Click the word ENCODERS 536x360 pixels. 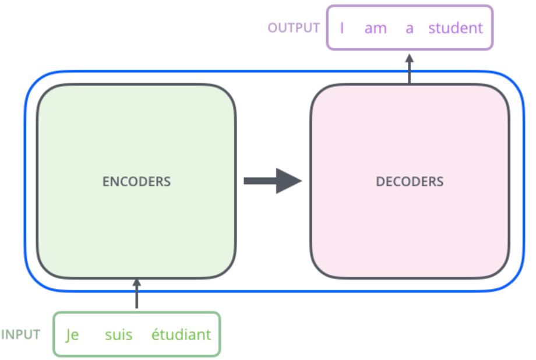pos(136,181)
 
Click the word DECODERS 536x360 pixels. pos(410,181)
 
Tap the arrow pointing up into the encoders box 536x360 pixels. pos(137,294)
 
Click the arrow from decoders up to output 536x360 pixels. pos(409,68)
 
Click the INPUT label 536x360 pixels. pos(21,335)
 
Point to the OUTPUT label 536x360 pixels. pos(294,27)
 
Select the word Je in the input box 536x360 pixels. pos(72,336)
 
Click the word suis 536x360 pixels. pos(119,336)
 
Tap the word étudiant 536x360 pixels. pos(181,336)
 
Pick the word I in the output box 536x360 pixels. pos(342,28)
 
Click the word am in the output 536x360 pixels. pos(376,28)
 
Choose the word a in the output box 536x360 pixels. pos(410,28)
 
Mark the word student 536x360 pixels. pos(456,28)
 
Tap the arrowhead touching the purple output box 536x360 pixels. pos(409,58)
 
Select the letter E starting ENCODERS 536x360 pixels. pos(105,181)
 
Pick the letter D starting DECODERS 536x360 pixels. pos(380,181)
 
